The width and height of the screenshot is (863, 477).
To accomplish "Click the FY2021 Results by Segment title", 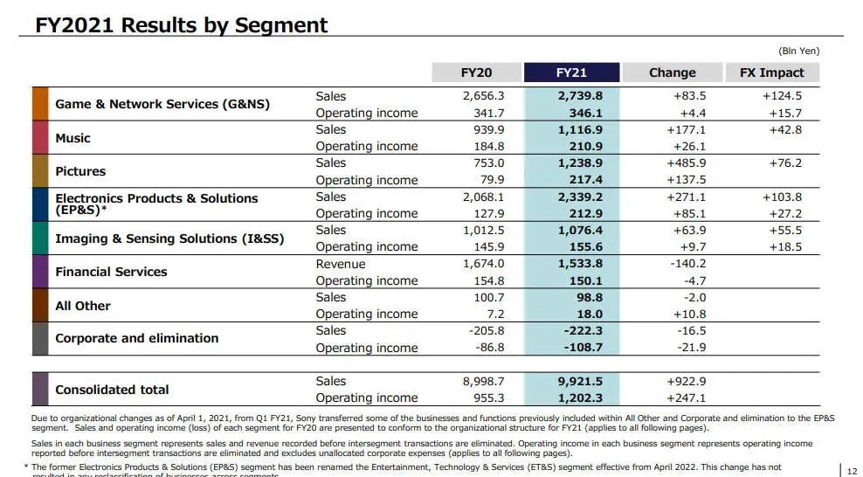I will (x=182, y=24).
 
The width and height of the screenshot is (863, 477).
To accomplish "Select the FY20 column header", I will (x=476, y=73).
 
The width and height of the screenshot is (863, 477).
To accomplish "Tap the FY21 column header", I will (x=571, y=73).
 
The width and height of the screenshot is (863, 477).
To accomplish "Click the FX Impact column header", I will (x=771, y=73).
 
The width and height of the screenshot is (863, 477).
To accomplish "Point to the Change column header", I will (x=672, y=73).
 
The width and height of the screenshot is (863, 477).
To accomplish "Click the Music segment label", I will (x=72, y=138).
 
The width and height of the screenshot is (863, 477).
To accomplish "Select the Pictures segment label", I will (x=80, y=171).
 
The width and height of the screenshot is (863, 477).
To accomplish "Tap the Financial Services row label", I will (x=111, y=272).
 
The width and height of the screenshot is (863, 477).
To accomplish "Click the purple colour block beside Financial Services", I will (x=40, y=272).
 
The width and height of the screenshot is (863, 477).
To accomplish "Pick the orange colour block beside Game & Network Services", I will (x=40, y=104).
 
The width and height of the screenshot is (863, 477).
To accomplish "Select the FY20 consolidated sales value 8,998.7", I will (x=483, y=381).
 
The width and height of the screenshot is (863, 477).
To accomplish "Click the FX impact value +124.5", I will (x=781, y=96).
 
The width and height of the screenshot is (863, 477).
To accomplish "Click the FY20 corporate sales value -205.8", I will (x=485, y=330).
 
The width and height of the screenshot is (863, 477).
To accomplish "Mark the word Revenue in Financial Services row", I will (x=341, y=264).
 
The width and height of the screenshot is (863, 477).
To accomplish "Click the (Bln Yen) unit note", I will (x=798, y=51).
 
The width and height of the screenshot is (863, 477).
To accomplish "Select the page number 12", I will (x=852, y=471).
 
